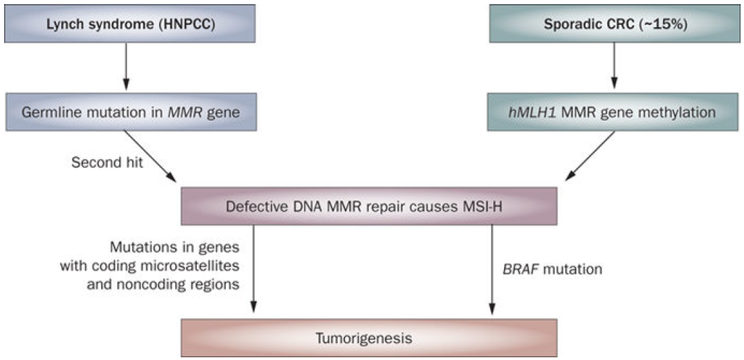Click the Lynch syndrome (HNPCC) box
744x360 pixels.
point(129,24)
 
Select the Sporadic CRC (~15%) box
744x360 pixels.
point(615,24)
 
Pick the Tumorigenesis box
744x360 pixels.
point(369,338)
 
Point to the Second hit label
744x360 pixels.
point(107,163)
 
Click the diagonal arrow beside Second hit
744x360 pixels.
point(150,156)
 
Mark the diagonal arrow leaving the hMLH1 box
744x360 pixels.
point(590,156)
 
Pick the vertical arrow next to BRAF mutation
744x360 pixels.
point(493,269)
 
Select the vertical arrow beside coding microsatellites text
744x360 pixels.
point(253,269)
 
